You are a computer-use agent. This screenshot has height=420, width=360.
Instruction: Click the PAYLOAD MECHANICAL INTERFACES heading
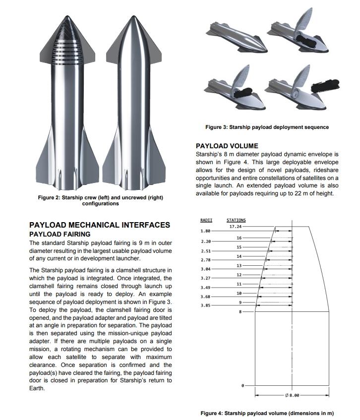point(100,225)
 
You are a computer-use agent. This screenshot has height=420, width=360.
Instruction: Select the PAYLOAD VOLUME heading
point(227,146)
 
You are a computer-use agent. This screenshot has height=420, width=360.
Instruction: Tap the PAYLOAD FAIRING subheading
point(60,234)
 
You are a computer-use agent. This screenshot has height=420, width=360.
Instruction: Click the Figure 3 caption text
point(267,127)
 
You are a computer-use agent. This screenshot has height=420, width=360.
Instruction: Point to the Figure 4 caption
point(267,413)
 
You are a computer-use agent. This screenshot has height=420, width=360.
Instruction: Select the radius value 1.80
point(205,231)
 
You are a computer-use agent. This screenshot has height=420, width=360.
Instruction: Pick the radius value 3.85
point(205,305)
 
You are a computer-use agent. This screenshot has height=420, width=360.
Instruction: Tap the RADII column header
point(206,220)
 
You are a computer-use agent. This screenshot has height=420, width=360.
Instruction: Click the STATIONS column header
point(236,220)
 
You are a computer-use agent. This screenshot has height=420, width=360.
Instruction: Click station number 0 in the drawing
point(242,385)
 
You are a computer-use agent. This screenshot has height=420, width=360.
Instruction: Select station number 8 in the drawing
point(240,312)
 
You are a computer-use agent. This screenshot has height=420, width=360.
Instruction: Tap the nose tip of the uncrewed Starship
point(133,16)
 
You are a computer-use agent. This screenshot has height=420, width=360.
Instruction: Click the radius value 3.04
point(205,269)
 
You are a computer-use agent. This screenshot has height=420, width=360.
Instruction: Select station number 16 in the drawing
point(239,238)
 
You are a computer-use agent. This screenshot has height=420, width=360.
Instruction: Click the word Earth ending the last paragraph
point(37,388)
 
